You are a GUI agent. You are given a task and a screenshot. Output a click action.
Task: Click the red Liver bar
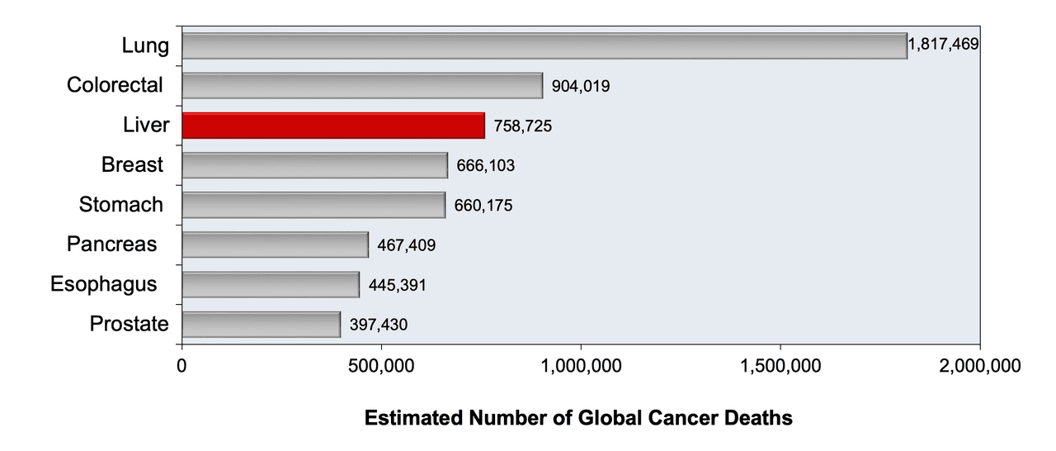pyautogui.click(x=333, y=126)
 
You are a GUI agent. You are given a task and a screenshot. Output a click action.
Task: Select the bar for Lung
pyautogui.click(x=544, y=46)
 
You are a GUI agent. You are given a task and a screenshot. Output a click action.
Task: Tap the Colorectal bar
pyautogui.click(x=362, y=86)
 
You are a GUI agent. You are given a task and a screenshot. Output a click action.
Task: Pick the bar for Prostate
pyautogui.click(x=262, y=325)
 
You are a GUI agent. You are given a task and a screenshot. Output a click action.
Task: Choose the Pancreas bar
pyautogui.click(x=276, y=244)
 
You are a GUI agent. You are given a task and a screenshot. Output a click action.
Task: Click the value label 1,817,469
pyautogui.click(x=944, y=44)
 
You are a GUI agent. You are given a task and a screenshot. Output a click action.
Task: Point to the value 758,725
pyautogui.click(x=523, y=126)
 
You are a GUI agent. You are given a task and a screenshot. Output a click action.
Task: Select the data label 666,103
pyautogui.click(x=485, y=166)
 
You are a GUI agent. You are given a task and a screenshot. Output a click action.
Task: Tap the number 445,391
pyautogui.click(x=397, y=285)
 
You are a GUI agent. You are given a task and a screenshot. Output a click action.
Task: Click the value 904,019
pyautogui.click(x=581, y=86)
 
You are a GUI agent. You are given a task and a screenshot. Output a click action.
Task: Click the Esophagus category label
pyautogui.click(x=103, y=284)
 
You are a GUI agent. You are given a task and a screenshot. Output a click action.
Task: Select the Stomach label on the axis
pyautogui.click(x=121, y=204)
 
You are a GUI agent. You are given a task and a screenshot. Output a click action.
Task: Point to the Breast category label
pyautogui.click(x=132, y=164)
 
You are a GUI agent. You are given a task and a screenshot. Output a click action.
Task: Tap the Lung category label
pyautogui.click(x=145, y=45)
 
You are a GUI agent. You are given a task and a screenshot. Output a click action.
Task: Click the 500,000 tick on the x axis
pyautogui.click(x=381, y=364)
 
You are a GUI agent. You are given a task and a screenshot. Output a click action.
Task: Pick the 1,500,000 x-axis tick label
pyautogui.click(x=780, y=364)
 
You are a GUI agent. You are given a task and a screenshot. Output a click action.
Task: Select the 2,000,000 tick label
pyautogui.click(x=979, y=364)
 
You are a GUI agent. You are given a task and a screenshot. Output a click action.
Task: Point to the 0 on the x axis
pyautogui.click(x=181, y=364)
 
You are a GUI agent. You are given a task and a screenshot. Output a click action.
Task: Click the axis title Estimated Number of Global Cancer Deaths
pyautogui.click(x=578, y=418)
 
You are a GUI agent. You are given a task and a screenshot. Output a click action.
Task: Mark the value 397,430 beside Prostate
pyautogui.click(x=378, y=325)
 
